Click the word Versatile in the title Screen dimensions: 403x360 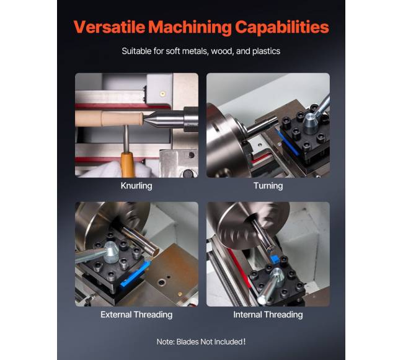(109, 27)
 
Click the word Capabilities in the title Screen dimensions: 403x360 (282, 27)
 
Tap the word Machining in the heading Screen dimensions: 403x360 (190, 27)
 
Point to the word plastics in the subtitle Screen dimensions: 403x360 (266, 51)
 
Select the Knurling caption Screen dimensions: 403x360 (136, 186)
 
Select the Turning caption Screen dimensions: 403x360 (268, 186)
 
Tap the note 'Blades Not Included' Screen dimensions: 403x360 (210, 342)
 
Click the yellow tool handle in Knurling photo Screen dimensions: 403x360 (127, 164)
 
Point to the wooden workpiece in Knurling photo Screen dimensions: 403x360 (109, 118)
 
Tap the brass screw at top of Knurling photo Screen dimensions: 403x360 (162, 94)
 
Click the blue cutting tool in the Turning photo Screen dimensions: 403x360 (287, 142)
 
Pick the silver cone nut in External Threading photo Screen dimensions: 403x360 (111, 252)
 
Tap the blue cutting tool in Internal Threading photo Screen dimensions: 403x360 (275, 258)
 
